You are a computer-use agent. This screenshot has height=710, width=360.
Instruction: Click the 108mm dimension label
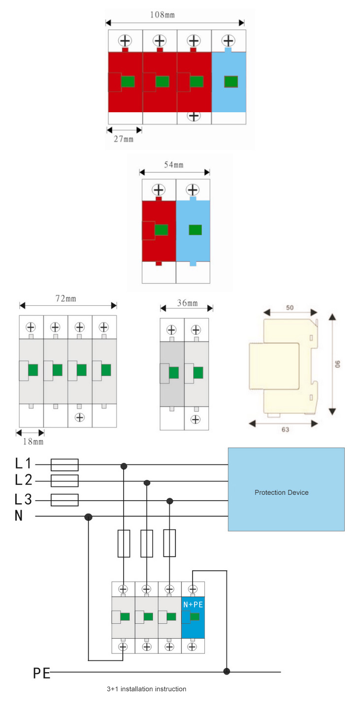(163, 15)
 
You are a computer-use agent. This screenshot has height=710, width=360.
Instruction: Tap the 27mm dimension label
(124, 139)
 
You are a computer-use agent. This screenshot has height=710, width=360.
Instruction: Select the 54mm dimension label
(174, 165)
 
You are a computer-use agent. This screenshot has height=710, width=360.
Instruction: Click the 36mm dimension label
(187, 303)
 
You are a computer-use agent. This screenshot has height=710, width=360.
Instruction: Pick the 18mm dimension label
(32, 442)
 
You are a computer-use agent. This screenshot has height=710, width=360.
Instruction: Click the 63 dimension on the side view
(286, 429)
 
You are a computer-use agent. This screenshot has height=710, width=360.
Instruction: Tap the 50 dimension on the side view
(290, 307)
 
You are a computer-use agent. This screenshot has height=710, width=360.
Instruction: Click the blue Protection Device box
(286, 489)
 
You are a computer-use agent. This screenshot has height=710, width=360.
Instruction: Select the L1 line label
(23, 464)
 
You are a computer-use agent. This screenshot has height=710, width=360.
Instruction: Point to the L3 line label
(24, 500)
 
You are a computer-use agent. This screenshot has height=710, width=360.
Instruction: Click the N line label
(19, 516)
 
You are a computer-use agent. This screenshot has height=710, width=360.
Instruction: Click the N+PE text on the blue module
(193, 604)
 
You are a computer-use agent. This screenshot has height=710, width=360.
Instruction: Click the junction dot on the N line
(89, 517)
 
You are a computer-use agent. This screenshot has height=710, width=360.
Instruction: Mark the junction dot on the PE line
(227, 671)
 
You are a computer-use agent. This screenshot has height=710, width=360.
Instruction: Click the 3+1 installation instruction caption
(146, 689)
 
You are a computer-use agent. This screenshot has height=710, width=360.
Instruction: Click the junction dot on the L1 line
(124, 465)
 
